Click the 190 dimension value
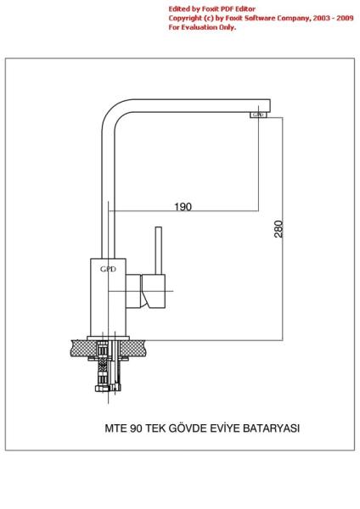183,207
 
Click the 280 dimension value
278,229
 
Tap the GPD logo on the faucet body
108,269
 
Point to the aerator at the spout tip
258,115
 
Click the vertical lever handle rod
159,250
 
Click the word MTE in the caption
116,428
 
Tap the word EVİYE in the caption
225,428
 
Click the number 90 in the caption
136,428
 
